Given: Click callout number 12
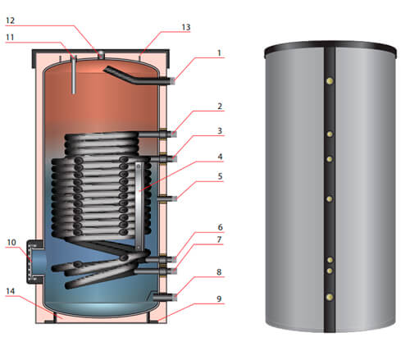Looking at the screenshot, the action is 10,21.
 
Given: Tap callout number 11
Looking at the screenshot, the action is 10,37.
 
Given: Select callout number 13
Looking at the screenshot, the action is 186,27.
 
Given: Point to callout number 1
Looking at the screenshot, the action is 219,52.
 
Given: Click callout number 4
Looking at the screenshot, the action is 220,157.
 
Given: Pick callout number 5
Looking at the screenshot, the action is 220,176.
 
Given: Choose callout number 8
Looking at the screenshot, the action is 219,272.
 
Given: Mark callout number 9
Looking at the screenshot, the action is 219,298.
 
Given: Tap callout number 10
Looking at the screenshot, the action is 11,242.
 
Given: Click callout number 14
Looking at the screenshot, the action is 11,291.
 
